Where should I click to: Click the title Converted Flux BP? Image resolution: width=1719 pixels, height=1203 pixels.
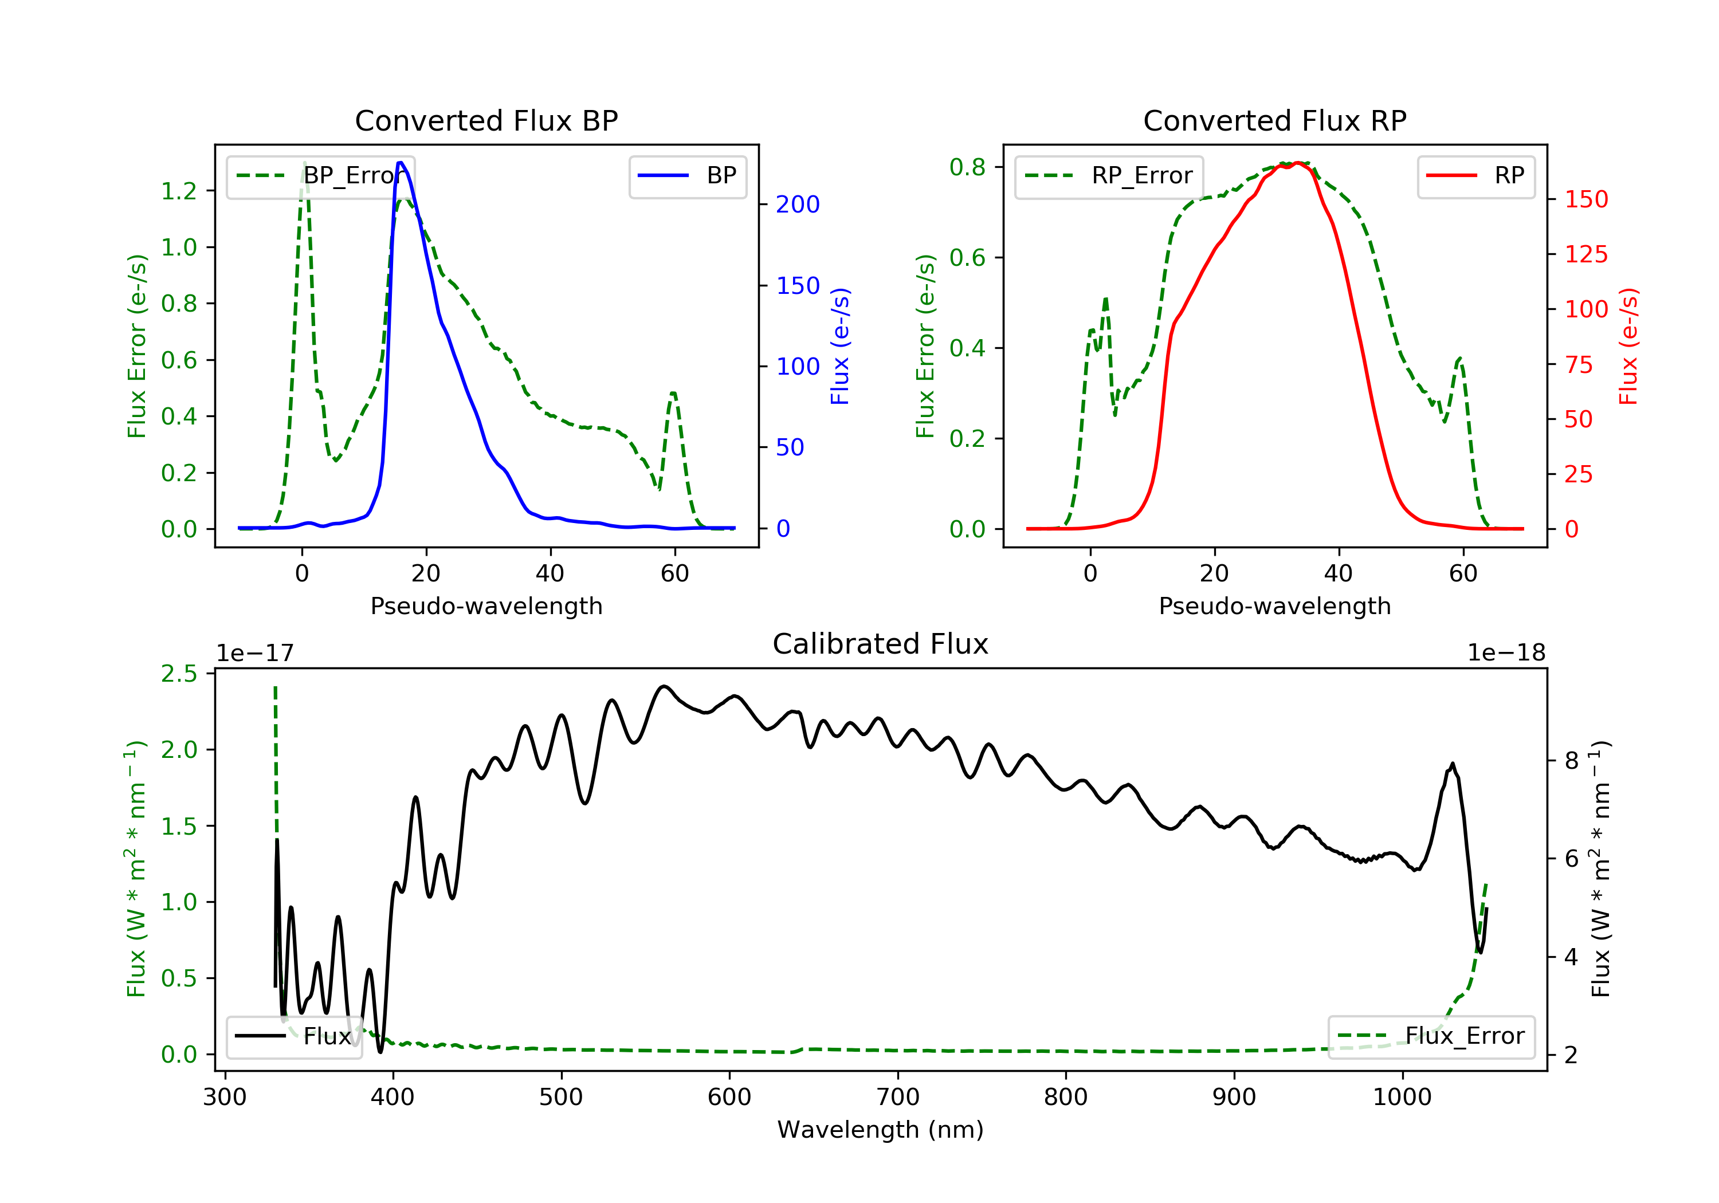tap(486, 120)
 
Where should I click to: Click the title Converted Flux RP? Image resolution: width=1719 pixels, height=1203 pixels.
tap(1274, 120)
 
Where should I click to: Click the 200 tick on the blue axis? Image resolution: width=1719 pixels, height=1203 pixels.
tap(798, 205)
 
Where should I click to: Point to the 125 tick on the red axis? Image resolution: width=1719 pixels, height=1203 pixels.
tap(1585, 254)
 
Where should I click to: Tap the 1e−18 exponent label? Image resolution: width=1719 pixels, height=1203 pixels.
tap(1506, 653)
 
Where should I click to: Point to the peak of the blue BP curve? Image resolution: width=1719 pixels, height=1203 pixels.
tap(401, 163)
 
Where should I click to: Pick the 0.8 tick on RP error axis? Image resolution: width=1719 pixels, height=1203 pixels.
tap(967, 167)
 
